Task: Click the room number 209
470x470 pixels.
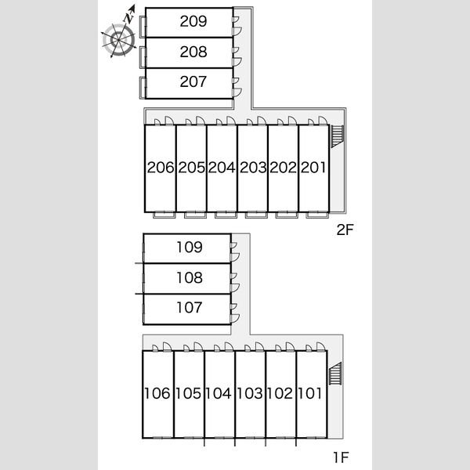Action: click(193, 21)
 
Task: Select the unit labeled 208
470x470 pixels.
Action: click(193, 52)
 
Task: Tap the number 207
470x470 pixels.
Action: click(193, 81)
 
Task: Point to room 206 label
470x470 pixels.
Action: click(161, 168)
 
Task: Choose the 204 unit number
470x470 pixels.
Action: click(222, 168)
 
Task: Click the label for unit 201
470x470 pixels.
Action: click(313, 168)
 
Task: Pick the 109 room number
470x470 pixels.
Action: click(190, 247)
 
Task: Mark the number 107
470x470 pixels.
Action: click(190, 308)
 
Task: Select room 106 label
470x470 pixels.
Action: click(157, 393)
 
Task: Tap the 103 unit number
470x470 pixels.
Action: click(250, 393)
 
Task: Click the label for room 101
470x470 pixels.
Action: click(310, 393)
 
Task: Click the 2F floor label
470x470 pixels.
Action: click(345, 230)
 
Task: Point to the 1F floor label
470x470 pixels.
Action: click(341, 457)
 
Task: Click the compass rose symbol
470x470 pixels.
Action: click(119, 40)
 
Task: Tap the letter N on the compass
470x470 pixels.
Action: click(128, 18)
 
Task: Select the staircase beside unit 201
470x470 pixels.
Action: click(337, 136)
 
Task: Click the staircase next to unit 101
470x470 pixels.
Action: click(335, 373)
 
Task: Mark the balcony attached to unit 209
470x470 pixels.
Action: click(143, 27)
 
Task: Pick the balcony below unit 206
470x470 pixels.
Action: click(164, 215)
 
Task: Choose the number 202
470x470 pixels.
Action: click(283, 168)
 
